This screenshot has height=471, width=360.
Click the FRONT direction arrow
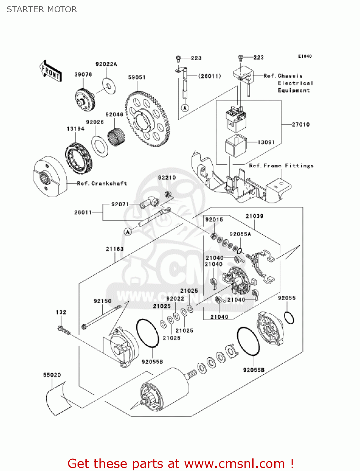coord(51,71)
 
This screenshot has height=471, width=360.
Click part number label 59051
coord(137,77)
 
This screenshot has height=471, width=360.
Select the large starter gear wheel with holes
coord(147,119)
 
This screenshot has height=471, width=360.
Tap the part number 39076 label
coord(83,74)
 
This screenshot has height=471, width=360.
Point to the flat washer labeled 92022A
coord(109,85)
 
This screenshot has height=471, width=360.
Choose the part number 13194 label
coord(75,129)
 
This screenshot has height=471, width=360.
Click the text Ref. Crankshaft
coord(102,183)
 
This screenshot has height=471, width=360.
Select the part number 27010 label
coord(301,125)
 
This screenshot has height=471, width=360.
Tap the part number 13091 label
coord(266,142)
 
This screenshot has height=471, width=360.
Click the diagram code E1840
coord(305,57)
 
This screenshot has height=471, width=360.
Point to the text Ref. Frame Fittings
coord(281,166)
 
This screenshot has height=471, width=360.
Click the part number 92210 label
coord(167,178)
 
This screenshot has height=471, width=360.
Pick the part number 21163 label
coord(115,249)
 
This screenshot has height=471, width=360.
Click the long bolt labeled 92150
coord(101,316)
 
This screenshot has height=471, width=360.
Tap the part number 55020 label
coord(52,375)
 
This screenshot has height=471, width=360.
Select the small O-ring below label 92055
coord(289,317)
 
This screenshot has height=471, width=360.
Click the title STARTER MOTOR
coord(42,9)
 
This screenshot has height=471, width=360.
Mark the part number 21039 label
coord(254,216)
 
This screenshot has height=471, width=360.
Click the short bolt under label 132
coord(63,330)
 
